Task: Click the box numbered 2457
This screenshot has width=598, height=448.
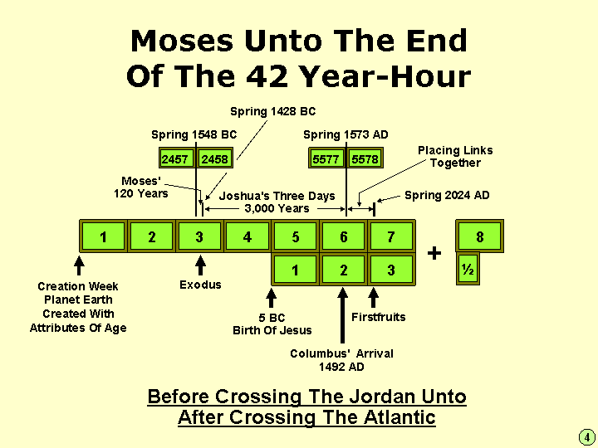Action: click(175, 158)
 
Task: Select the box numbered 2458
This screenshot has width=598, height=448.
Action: click(215, 158)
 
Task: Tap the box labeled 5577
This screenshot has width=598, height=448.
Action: click(326, 158)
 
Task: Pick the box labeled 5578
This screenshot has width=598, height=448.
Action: click(365, 158)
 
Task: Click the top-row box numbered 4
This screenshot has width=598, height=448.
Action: click(248, 236)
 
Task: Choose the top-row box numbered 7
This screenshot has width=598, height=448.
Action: click(391, 236)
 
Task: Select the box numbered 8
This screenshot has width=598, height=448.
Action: click(479, 236)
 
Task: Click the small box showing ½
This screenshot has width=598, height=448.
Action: click(468, 270)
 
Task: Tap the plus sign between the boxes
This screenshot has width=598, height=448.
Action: click(434, 253)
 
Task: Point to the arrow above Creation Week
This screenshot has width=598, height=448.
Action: click(79, 265)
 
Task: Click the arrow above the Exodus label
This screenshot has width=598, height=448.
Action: click(199, 265)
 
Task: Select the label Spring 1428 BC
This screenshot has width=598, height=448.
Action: click(272, 111)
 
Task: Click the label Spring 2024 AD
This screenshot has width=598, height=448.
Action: click(447, 196)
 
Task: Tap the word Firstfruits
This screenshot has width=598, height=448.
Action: click(379, 317)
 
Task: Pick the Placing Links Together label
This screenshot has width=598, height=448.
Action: click(455, 156)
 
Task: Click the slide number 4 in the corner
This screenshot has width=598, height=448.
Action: click(585, 436)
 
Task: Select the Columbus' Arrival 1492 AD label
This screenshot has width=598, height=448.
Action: click(341, 360)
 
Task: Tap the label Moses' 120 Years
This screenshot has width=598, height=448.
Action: click(141, 187)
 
